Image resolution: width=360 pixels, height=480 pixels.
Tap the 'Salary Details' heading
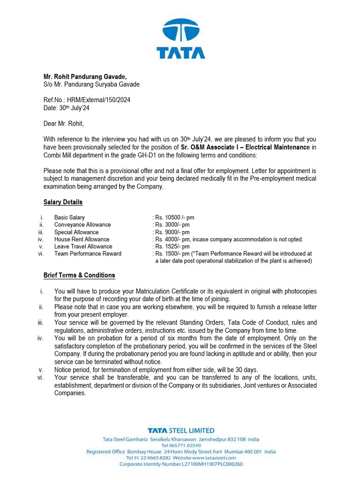(x=63, y=202)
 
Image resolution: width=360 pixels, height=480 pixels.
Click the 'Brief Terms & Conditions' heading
(x=79, y=275)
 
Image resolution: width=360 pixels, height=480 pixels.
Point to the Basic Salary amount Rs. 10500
(x=174, y=217)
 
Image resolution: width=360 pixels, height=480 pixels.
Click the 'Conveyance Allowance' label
(x=82, y=225)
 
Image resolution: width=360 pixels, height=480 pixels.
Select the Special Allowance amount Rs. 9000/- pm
(x=172, y=232)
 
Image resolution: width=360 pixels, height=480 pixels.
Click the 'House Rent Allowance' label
(x=82, y=239)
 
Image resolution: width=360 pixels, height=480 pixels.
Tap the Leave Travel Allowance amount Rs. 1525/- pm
(x=172, y=246)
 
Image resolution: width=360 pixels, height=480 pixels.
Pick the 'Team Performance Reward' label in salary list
(x=88, y=254)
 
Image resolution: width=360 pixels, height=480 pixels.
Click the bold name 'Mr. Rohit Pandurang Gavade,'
(x=85, y=76)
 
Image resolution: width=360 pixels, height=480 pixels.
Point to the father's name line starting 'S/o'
(x=91, y=84)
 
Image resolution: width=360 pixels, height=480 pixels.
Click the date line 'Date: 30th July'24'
(x=67, y=108)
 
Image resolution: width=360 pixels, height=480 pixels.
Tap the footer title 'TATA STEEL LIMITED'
(x=181, y=430)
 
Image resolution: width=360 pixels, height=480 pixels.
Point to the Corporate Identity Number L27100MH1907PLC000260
(x=181, y=464)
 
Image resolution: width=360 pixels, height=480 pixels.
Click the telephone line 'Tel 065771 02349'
(x=181, y=445)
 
